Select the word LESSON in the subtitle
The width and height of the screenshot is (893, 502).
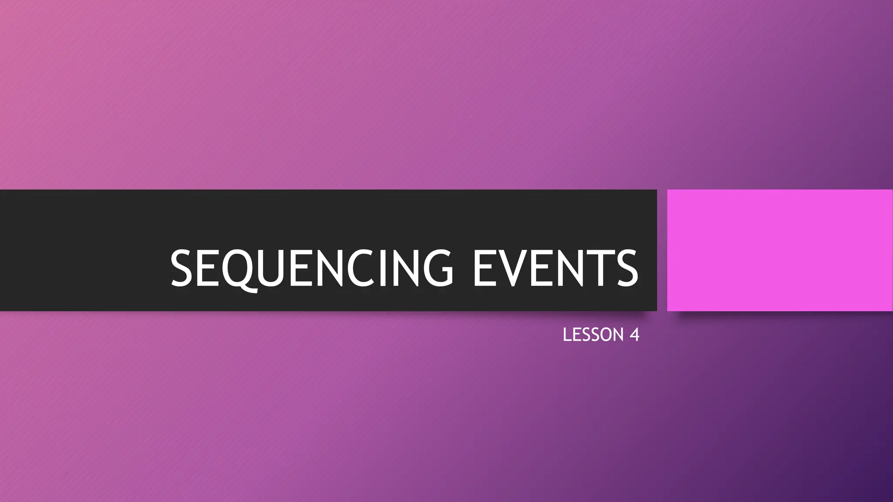pos(593,335)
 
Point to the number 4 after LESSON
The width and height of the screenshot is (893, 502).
pos(634,335)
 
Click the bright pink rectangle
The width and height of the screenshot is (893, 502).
pos(780,250)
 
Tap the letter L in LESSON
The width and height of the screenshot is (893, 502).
pos(567,335)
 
